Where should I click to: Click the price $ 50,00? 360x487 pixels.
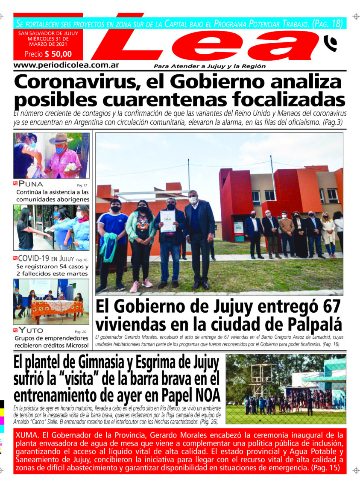(48, 54)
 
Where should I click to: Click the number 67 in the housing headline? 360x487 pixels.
(330, 307)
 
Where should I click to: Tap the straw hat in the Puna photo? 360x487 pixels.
(61, 139)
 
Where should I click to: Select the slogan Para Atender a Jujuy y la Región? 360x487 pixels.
(210, 66)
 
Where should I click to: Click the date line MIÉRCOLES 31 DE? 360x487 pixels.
(48, 38)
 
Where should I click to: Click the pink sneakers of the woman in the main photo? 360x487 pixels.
(140, 283)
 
